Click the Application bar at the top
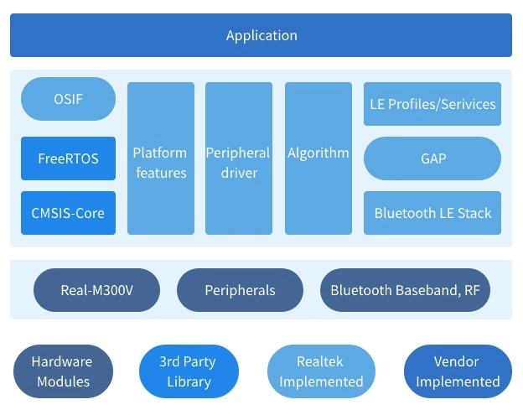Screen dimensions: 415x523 [261, 35]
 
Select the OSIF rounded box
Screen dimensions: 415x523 [68, 99]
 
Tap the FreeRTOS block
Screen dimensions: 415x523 [68, 158]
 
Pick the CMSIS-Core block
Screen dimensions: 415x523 [68, 213]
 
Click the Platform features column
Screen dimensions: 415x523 [160, 158]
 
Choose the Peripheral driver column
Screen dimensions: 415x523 [238, 158]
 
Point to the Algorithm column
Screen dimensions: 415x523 [318, 158]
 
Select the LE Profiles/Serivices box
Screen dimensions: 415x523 [432, 105]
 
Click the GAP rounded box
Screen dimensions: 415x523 [432, 158]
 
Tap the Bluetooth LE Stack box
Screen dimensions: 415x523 [432, 213]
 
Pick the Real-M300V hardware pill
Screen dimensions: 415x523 [96, 290]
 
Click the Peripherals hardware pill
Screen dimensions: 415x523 [240, 290]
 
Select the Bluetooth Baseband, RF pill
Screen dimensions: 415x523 [406, 290]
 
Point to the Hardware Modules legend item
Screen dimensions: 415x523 [62, 371]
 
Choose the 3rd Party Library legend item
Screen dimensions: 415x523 [189, 371]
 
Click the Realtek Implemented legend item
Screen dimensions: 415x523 [321, 371]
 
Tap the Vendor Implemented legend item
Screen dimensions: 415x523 [458, 371]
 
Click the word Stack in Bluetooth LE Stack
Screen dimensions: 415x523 [474, 213]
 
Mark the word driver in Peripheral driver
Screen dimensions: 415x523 [238, 174]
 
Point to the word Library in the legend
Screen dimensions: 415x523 [189, 381]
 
